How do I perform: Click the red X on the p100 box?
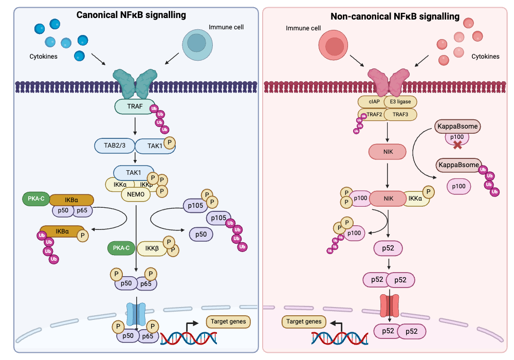[x=456, y=145]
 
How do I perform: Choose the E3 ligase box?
[x=399, y=101]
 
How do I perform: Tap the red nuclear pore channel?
[x=389, y=306]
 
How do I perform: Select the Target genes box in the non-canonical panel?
[x=304, y=322]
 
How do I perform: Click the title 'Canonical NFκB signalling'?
[x=131, y=15]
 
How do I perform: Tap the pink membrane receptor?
[x=389, y=80]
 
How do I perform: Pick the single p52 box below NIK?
[x=388, y=249]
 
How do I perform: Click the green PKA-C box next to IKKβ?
[x=121, y=248]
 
